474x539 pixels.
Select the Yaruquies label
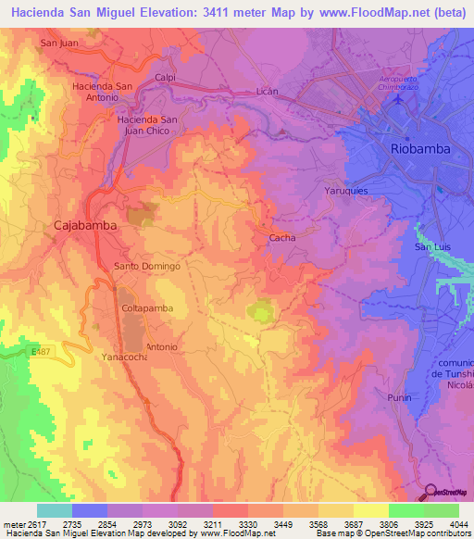tap(347, 190)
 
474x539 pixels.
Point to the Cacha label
tap(281, 238)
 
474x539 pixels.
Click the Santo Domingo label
tap(146, 266)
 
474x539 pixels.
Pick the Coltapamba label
tap(148, 307)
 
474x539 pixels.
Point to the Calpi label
tap(166, 78)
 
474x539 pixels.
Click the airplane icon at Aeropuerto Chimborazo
tap(399, 99)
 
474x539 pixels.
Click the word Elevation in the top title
tap(175, 11)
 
